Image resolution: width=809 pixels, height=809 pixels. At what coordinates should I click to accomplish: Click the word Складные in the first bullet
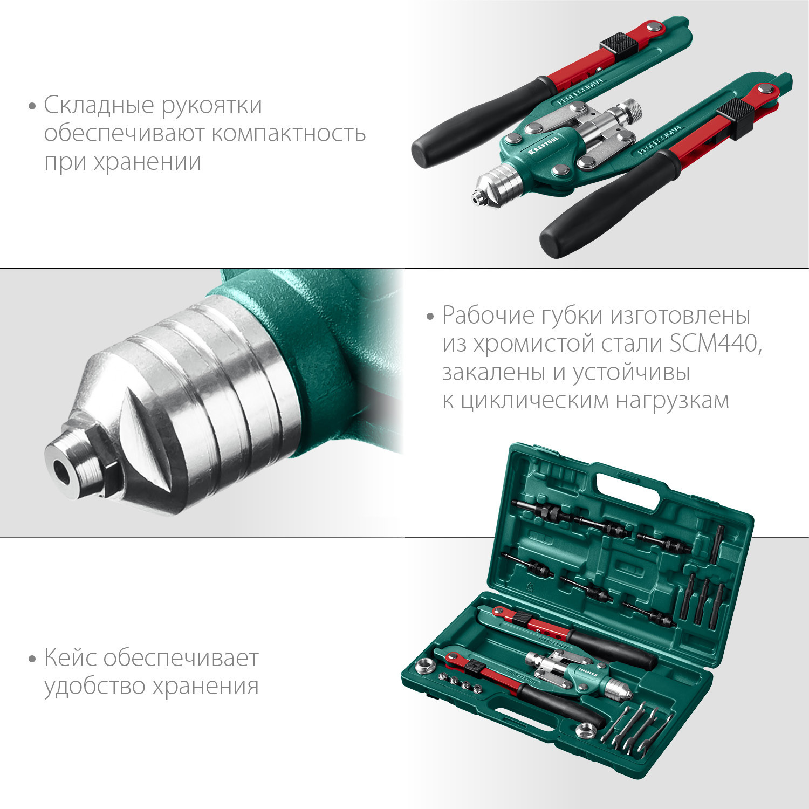(99, 106)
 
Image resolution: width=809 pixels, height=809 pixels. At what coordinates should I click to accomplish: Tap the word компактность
(289, 133)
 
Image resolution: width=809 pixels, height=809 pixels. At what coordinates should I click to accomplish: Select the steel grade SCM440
(716, 344)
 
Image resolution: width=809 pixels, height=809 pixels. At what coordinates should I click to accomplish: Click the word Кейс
(70, 658)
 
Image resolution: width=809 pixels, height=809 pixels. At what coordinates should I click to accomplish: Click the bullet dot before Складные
(32, 106)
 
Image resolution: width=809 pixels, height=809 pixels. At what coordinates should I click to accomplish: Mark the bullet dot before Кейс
(32, 659)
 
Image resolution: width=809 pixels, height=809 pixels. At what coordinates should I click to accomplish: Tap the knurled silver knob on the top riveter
(631, 111)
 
